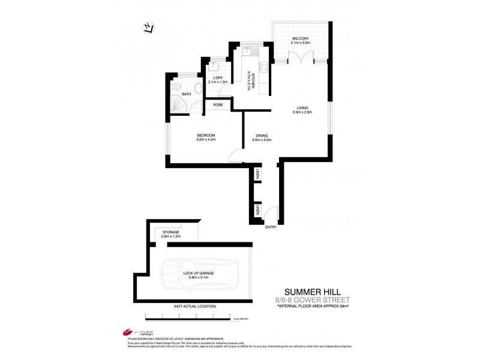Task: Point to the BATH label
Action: (187, 94)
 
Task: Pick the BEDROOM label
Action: (206, 135)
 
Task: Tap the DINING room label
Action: (262, 136)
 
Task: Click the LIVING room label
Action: (302, 108)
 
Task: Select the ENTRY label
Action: (271, 227)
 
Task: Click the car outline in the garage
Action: (201, 275)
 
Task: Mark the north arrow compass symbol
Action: (148, 27)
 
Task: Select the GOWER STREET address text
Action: (329, 299)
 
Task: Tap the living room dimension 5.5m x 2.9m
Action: (302, 112)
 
